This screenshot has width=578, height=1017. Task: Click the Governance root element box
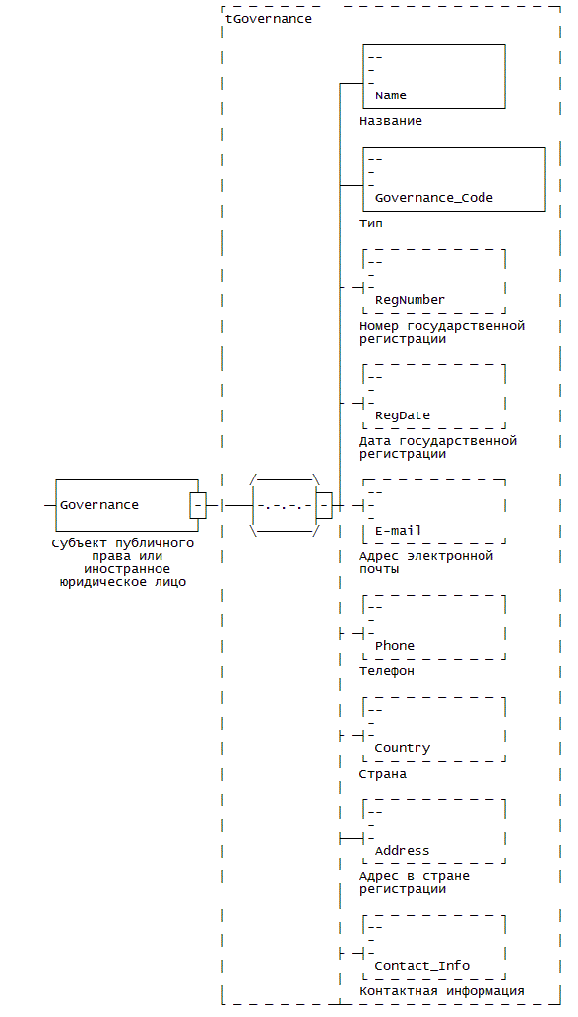point(126,505)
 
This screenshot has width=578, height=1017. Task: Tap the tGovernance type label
point(269,19)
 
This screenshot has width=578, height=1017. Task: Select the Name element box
point(434,77)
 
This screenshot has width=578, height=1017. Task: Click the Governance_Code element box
point(454,179)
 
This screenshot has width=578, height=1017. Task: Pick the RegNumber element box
point(434,282)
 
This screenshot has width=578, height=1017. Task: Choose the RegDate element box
point(434,397)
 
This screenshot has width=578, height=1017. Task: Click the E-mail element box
point(434,512)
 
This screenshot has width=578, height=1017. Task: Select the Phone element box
point(434,627)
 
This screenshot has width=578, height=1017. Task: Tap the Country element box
point(434,730)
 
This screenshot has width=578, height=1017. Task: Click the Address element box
point(434,832)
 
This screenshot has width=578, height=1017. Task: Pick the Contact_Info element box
point(434,947)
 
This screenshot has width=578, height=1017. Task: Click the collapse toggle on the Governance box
point(198,505)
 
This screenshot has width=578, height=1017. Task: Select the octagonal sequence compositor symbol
point(286,505)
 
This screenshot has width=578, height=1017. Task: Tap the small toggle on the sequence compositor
point(324,505)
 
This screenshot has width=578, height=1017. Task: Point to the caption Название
point(391,121)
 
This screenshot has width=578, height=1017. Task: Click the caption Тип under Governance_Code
point(371,223)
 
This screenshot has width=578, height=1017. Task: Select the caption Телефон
point(387,672)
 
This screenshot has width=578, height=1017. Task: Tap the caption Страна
point(383,775)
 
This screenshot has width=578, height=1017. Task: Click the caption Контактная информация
point(442,991)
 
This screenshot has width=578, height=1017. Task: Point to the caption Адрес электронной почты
point(426,562)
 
